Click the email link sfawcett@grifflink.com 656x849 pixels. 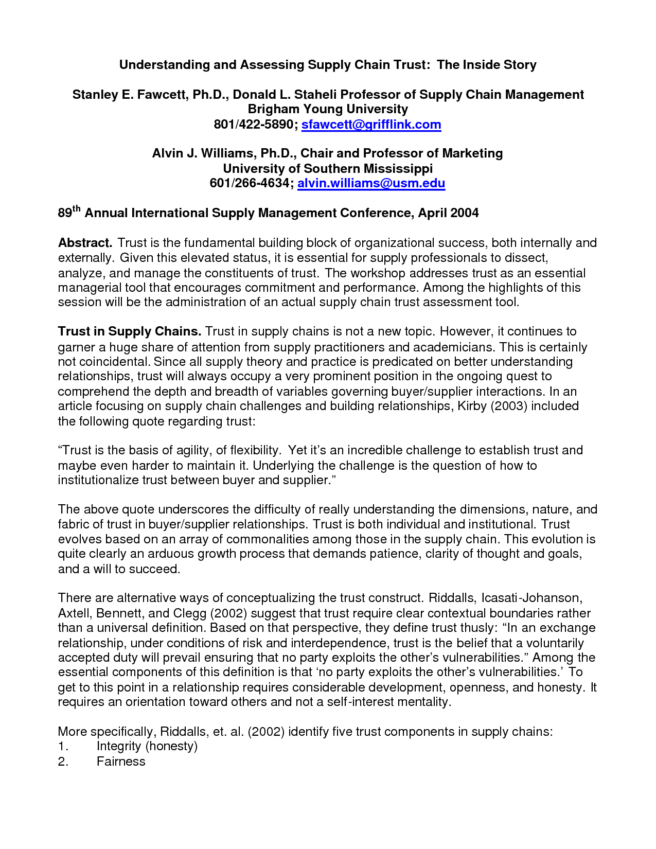click(x=371, y=125)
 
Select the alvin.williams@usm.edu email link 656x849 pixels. click(x=371, y=183)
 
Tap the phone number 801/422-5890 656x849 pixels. click(x=253, y=125)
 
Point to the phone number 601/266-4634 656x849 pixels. click(x=250, y=183)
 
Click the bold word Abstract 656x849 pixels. click(x=85, y=243)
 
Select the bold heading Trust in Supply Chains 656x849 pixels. click(x=129, y=331)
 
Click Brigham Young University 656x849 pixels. click(x=328, y=109)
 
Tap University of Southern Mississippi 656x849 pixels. click(x=328, y=168)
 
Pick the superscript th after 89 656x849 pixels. click(x=77, y=209)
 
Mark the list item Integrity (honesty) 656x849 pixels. click(x=147, y=746)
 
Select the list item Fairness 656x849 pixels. click(x=121, y=762)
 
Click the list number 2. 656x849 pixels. click(x=63, y=762)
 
